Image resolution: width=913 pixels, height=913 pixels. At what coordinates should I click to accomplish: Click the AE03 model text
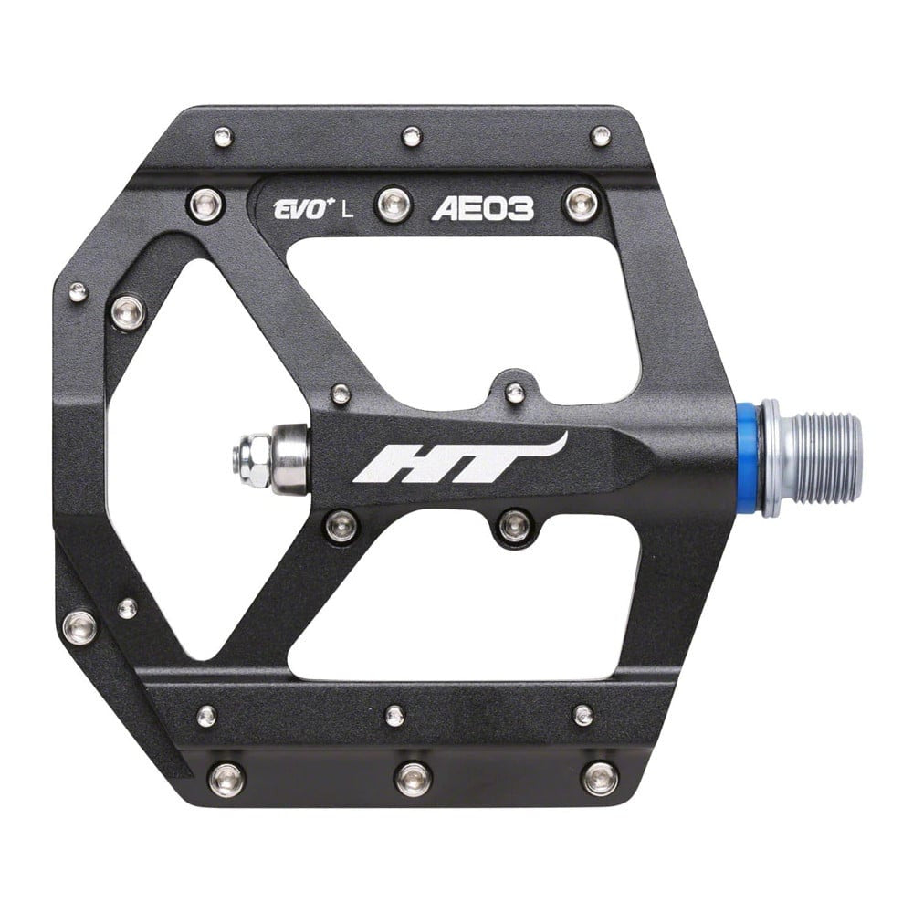tap(483, 209)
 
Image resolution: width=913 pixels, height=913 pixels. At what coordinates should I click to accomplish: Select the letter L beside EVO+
tap(347, 210)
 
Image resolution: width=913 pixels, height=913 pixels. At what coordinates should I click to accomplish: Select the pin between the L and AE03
tap(394, 204)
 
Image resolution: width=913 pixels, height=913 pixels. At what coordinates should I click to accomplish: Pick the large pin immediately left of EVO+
tap(205, 203)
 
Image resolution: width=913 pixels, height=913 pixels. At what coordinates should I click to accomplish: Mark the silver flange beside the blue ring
tap(771, 456)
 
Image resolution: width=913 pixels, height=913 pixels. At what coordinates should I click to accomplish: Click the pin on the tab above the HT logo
tap(515, 393)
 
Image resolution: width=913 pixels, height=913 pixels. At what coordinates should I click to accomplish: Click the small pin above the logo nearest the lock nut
tap(341, 394)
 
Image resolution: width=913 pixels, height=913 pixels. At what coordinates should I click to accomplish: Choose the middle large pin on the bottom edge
tap(413, 778)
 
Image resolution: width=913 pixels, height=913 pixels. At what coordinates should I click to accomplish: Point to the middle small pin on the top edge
tap(413, 137)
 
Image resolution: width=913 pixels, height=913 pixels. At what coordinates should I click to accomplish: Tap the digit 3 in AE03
tap(520, 209)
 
